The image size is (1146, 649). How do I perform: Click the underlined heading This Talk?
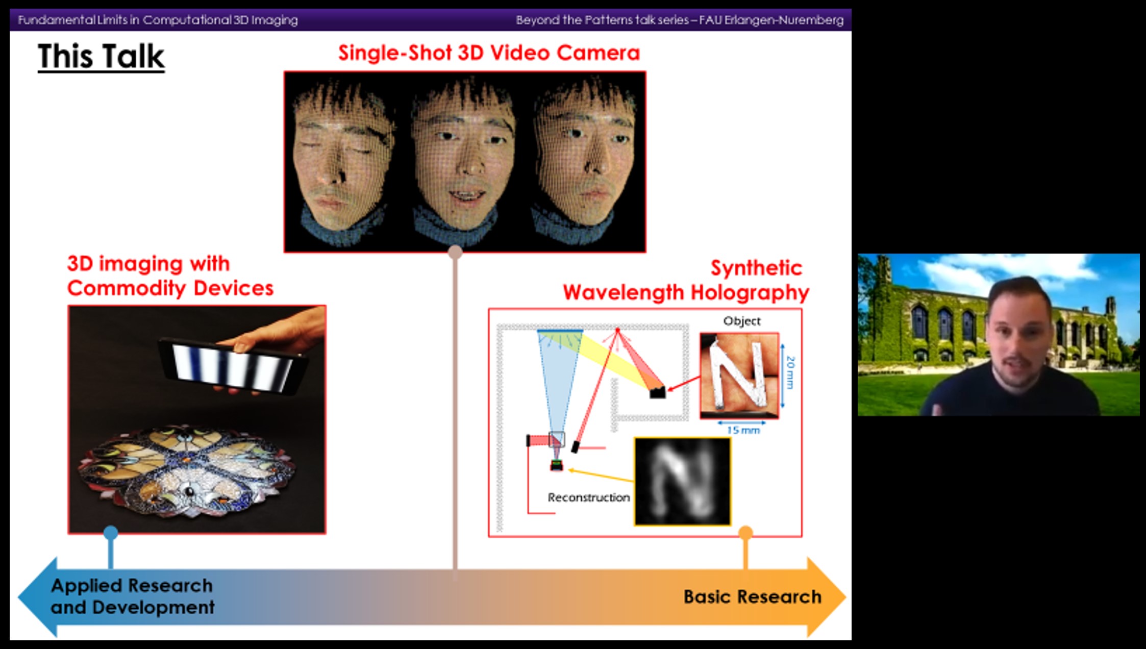[x=101, y=56]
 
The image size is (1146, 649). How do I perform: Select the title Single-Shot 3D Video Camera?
[x=489, y=53]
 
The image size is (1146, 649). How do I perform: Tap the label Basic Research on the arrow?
[x=752, y=596]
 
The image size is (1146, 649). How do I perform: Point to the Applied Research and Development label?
[x=133, y=596]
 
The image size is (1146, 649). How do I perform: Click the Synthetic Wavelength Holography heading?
[x=686, y=280]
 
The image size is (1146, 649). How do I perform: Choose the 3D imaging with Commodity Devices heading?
[x=170, y=276]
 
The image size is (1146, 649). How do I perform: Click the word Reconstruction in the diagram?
[x=588, y=497]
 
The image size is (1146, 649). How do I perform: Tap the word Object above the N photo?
[x=741, y=321]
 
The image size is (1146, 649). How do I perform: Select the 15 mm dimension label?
[x=743, y=430]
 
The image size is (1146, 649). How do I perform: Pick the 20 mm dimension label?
[x=790, y=372]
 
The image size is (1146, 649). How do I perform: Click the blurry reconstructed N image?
[x=682, y=481]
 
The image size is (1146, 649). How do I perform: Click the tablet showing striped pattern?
[x=233, y=365]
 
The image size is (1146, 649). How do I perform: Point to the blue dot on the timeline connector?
[x=111, y=533]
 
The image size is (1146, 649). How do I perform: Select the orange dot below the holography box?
[x=745, y=533]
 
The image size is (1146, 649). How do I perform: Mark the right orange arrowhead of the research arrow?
[x=826, y=597]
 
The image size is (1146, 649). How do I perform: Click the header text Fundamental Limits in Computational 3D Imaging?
[x=158, y=20]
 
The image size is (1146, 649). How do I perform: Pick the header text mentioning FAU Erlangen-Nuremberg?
[x=680, y=20]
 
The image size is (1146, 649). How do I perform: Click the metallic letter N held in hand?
[x=739, y=375]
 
